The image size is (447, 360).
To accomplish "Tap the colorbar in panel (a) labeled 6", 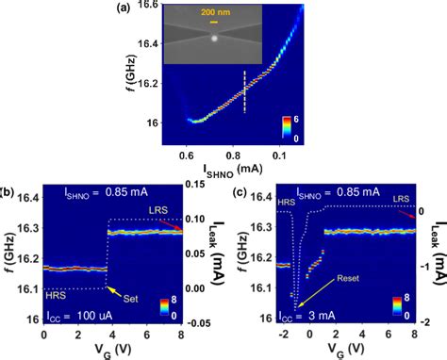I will pos(287,128).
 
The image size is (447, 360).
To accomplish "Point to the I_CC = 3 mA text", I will pos(299,318).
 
